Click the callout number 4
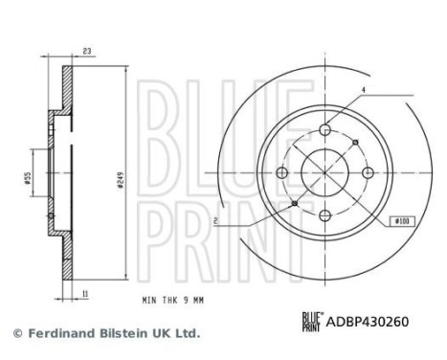364,92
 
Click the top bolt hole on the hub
324,129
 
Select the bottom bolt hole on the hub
324,214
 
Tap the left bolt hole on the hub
282,172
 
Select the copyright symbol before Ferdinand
16,334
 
